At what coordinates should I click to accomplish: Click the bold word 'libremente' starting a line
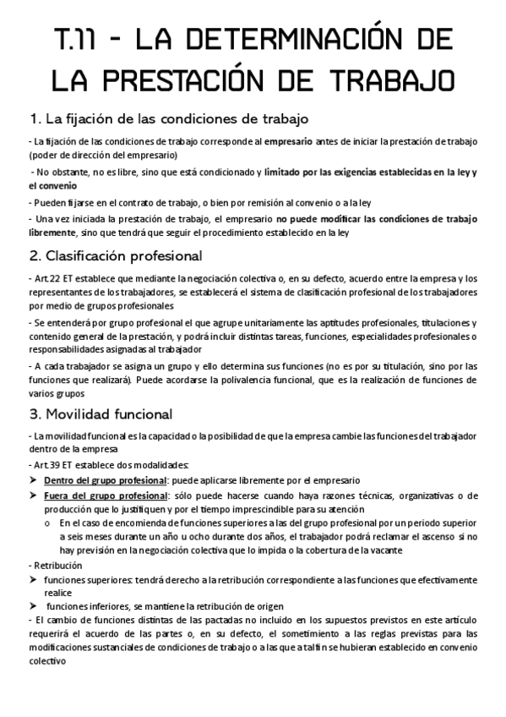52,232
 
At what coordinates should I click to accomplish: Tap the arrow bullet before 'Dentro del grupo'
33,480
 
